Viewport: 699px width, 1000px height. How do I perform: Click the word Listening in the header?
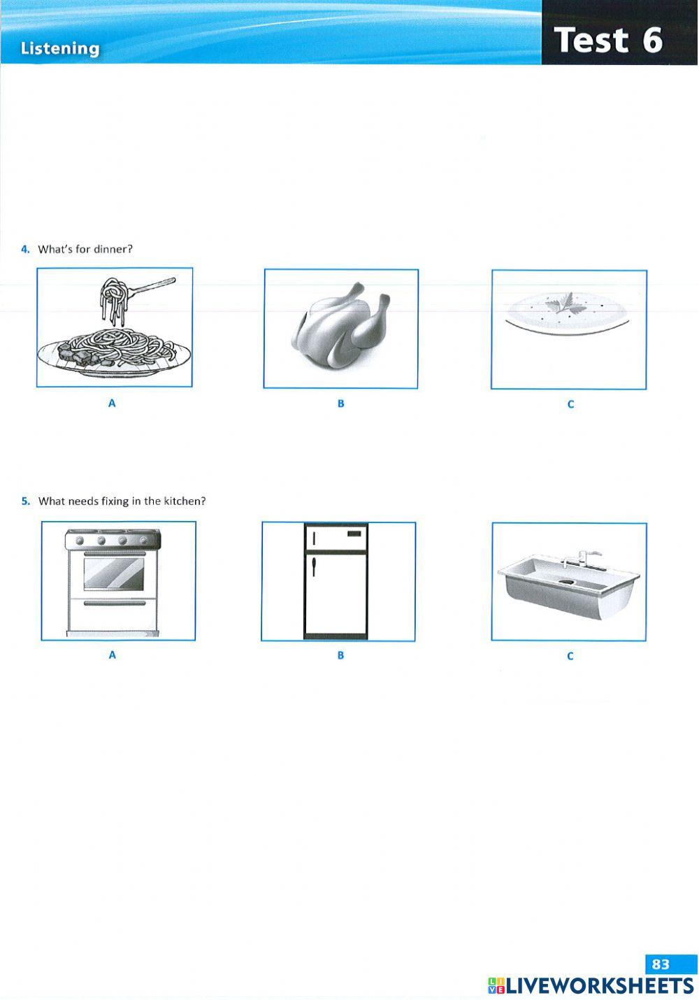[x=60, y=48]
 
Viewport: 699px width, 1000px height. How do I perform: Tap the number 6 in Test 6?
[x=651, y=40]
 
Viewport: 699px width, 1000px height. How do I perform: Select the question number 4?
[x=25, y=249]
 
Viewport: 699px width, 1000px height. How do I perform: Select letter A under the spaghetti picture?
[x=112, y=403]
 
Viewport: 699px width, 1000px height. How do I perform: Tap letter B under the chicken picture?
[x=340, y=403]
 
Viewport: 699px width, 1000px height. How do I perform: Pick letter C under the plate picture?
[x=570, y=404]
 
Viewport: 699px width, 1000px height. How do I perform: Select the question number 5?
[x=25, y=501]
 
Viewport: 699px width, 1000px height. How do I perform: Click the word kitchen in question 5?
[x=185, y=501]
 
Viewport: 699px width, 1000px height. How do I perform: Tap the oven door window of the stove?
[x=114, y=573]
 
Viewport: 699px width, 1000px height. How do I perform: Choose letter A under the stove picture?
[x=112, y=655]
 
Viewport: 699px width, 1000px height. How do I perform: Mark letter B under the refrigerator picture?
[x=340, y=655]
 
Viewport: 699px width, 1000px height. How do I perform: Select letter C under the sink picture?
[x=570, y=656]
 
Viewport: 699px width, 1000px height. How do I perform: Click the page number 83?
[x=661, y=964]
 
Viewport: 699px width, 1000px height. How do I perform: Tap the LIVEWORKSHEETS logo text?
[x=599, y=986]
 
